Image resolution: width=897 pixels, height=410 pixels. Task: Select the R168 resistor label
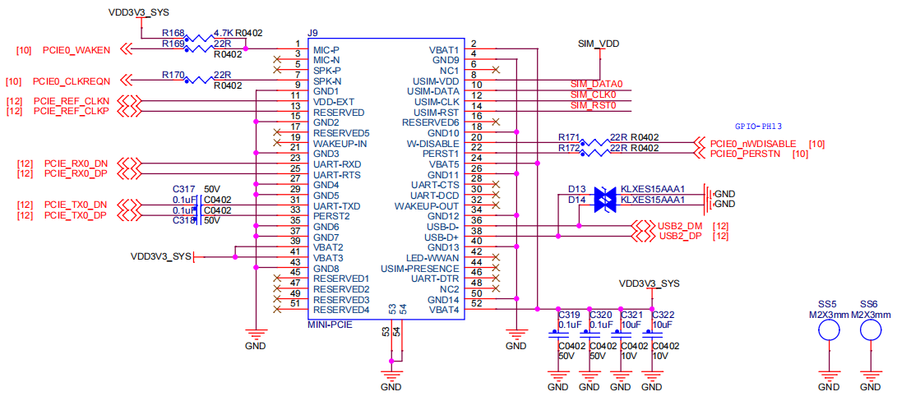[172, 33]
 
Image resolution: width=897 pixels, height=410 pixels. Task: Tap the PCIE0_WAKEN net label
[76, 50]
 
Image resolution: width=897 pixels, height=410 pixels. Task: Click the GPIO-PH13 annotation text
[758, 127]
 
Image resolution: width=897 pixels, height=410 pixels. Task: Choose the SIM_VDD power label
[599, 44]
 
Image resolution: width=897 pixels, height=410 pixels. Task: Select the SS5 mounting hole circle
[829, 331]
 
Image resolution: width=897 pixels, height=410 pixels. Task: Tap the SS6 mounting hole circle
[871, 331]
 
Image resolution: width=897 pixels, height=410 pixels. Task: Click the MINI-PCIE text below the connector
[330, 325]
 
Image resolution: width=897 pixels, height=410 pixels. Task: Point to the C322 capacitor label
[664, 315]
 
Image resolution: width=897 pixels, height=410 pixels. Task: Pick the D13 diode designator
[576, 189]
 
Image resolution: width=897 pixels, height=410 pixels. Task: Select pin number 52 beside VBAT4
[474, 304]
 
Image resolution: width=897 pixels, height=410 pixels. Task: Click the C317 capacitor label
[183, 189]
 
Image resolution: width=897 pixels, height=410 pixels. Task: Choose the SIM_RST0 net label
[594, 105]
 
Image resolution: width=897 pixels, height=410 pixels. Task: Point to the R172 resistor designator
[570, 148]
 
